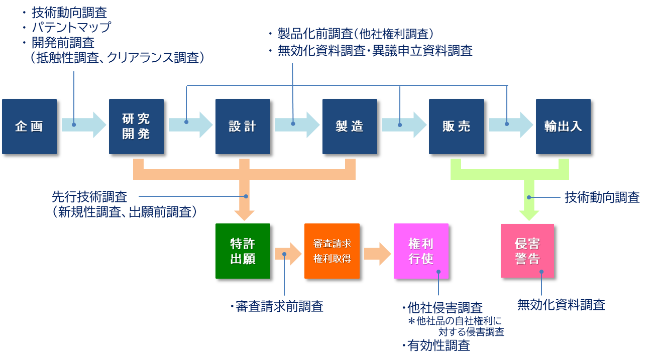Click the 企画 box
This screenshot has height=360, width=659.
(x=29, y=127)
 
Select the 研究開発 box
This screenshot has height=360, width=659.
(x=136, y=127)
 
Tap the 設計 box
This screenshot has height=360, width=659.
(x=243, y=127)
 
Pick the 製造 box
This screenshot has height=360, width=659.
(x=350, y=127)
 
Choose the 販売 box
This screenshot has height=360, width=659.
(x=456, y=127)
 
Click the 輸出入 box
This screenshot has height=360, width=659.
(x=563, y=127)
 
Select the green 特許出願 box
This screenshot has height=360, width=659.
(x=243, y=251)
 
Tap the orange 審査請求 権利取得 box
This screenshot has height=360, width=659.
(x=332, y=251)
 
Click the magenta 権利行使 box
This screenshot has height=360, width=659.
(x=421, y=251)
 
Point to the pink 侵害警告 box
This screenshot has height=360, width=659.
(x=527, y=251)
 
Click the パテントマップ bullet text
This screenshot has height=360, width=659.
(x=70, y=27)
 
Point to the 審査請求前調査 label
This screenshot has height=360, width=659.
(x=279, y=307)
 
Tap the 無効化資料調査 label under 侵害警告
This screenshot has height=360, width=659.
(x=561, y=304)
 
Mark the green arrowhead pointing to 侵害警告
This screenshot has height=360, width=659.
(x=529, y=214)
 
